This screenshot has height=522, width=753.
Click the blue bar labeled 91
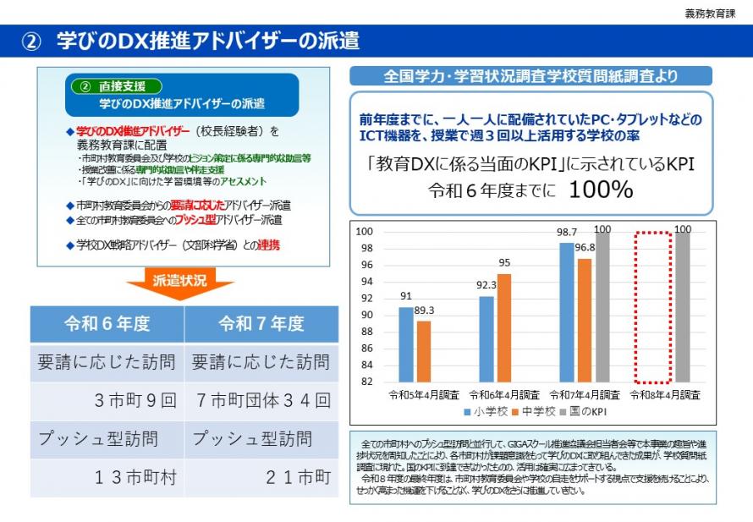coord(406,344)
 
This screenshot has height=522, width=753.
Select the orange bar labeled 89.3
coord(424,351)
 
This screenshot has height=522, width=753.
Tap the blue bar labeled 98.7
coord(567,312)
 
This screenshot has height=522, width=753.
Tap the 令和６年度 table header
coord(107,324)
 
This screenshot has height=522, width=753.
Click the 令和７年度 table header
coord(261,324)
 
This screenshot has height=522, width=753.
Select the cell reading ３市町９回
coord(135,400)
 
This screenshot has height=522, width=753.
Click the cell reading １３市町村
coord(135,477)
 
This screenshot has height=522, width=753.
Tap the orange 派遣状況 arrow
coord(179,283)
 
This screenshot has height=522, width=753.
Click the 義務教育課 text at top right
coord(710,14)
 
